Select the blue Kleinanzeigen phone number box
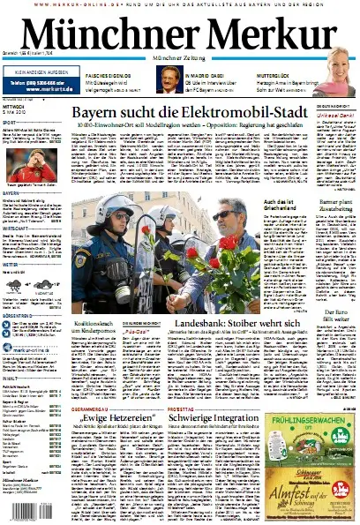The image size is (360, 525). click(39, 86)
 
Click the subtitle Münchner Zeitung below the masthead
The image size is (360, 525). click(179, 58)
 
